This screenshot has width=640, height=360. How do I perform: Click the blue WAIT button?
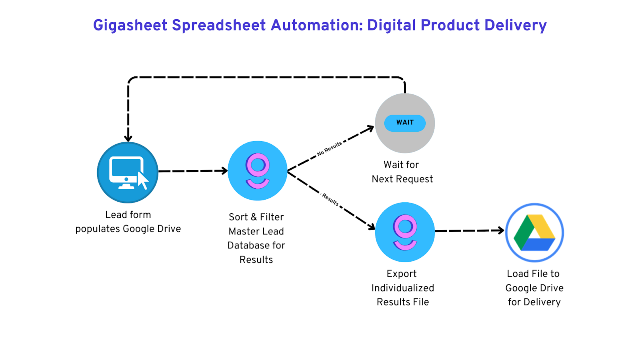[405, 123]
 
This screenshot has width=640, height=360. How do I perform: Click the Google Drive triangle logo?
[534, 233]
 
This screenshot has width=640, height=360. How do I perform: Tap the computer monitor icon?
[126, 171]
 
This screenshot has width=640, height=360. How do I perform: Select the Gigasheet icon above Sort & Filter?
[258, 171]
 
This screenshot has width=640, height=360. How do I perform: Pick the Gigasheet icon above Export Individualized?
[405, 232]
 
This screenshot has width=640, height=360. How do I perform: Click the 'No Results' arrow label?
[329, 148]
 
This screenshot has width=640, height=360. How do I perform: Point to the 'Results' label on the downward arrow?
[330, 200]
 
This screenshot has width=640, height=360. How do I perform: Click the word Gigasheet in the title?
[130, 25]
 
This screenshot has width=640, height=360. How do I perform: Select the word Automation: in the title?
[317, 25]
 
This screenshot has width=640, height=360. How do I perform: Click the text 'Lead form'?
[128, 215]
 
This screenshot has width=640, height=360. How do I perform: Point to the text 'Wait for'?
[401, 165]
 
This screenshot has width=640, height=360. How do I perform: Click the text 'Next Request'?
[402, 179]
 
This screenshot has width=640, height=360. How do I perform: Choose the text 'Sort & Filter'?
[256, 217]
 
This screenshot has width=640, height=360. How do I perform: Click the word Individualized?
[403, 288]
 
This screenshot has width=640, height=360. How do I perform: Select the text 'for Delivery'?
[534, 302]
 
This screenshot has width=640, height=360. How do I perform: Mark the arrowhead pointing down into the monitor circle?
[128, 138]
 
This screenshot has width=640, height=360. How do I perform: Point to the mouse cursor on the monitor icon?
[143, 180]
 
